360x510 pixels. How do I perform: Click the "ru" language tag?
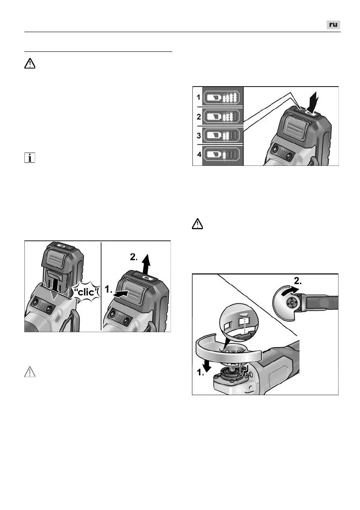click(333, 25)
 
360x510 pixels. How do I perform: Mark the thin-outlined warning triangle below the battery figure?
click(29, 371)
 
